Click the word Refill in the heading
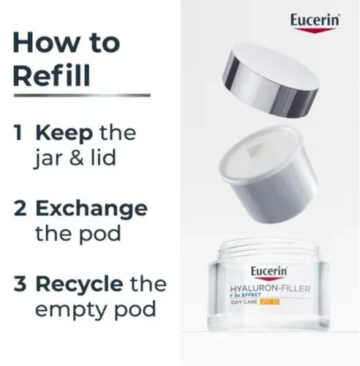(51, 75)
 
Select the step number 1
(18, 132)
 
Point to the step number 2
(20, 208)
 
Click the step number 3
(20, 284)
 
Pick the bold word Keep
(64, 134)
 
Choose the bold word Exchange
(91, 209)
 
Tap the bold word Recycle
(79, 285)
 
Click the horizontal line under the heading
(82, 95)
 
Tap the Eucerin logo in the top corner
(315, 23)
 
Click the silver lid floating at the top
(271, 79)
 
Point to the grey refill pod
(268, 174)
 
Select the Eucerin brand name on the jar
(269, 273)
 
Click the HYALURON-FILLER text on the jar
(270, 289)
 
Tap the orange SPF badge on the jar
(270, 302)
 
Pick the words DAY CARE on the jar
(244, 302)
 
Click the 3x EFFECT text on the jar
(245, 296)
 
